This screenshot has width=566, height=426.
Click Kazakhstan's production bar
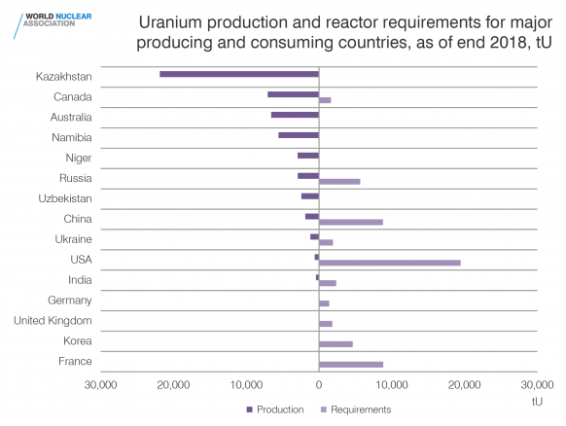point(239,74)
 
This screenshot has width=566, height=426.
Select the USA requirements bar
point(390,263)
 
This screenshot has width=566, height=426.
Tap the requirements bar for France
point(351,365)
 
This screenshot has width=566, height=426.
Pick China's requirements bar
point(351,222)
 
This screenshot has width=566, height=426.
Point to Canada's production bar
point(293,94)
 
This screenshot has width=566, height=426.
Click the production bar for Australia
point(295,115)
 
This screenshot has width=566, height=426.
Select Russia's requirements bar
point(339,182)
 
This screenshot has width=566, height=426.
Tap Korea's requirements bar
point(336,344)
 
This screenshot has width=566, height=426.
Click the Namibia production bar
point(299,135)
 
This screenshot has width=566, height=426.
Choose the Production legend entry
point(275,409)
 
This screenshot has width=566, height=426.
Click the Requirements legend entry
point(356,409)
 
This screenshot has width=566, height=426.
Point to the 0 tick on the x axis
point(319,385)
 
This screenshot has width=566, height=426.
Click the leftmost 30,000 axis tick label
point(101,385)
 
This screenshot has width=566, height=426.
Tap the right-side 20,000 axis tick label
point(464,385)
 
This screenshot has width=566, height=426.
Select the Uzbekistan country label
point(65,198)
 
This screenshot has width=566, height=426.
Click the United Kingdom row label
point(53,321)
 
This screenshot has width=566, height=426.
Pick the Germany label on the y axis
point(70,301)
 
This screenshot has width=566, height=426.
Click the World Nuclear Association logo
point(53,25)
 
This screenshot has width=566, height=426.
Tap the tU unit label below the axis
point(537,402)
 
